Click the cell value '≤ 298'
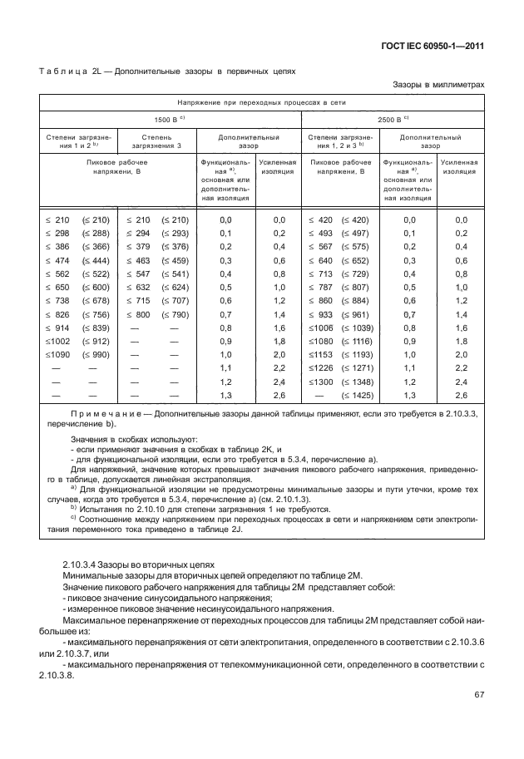tap(59, 233)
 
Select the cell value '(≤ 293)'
tap(175, 233)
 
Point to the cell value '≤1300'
tap(320, 382)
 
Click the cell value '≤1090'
tap(58, 355)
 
